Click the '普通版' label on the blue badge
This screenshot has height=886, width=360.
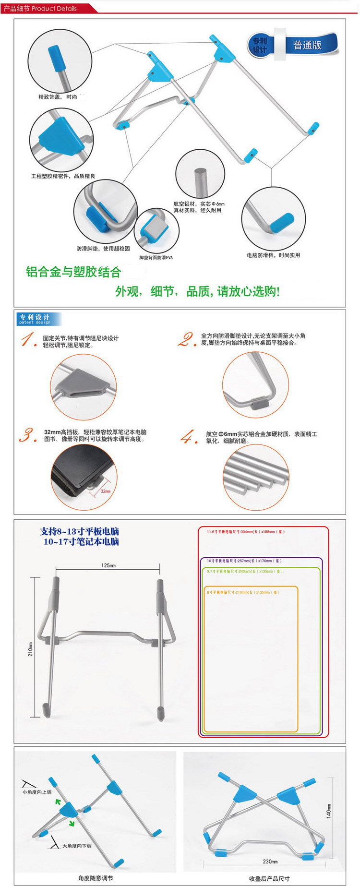(307, 46)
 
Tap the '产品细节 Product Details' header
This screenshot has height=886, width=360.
(40, 9)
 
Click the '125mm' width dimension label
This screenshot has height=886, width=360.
(108, 565)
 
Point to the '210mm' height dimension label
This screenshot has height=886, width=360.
(31, 649)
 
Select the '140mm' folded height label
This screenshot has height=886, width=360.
(329, 811)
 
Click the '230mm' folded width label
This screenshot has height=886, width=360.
(270, 862)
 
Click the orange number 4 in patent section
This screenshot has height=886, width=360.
(189, 437)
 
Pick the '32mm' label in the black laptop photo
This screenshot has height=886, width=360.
(106, 491)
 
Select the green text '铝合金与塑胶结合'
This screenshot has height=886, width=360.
(73, 272)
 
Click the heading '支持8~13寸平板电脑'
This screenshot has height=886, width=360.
(80, 531)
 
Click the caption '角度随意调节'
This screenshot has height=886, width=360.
(96, 878)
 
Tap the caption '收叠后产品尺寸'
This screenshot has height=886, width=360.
(269, 878)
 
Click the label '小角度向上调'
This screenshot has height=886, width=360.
(37, 792)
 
